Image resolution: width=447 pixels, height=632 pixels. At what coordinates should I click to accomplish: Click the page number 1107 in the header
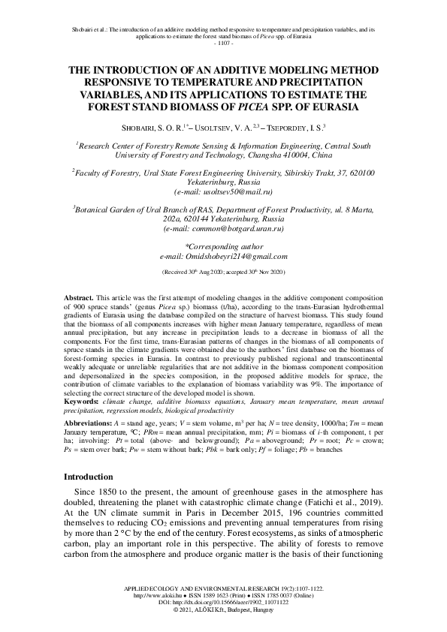click(223, 43)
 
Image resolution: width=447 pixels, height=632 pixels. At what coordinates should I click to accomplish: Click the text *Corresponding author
click(223, 245)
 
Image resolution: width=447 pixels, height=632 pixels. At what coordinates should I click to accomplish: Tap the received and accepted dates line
click(223, 271)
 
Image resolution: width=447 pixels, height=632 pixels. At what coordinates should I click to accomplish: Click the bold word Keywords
click(83, 402)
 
